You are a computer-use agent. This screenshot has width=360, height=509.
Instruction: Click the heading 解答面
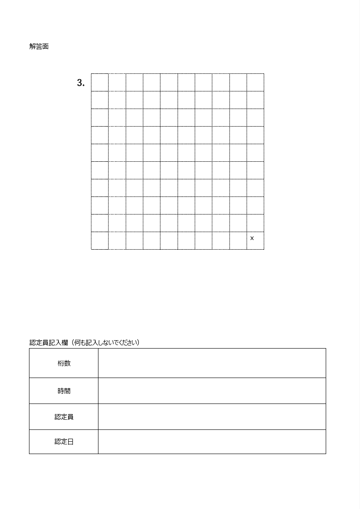tap(39, 47)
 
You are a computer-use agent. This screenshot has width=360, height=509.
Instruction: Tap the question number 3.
tap(80, 83)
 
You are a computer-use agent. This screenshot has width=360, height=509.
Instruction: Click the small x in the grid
tap(252, 238)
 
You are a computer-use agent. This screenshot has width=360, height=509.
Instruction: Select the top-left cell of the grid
tap(100, 82)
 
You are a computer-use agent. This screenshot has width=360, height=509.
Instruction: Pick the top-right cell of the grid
tap(255, 82)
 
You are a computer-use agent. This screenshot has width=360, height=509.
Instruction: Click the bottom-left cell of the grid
tap(100, 240)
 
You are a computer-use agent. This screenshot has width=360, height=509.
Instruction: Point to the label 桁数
tap(64, 364)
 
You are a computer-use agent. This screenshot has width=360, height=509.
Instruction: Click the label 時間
tap(64, 391)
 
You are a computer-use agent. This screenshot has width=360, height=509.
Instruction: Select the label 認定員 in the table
tap(64, 417)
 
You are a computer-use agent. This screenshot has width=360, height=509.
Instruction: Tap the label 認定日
tap(64, 442)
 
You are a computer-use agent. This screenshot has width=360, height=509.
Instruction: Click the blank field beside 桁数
tap(212, 363)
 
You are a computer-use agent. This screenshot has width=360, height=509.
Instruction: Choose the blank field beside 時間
tap(212, 391)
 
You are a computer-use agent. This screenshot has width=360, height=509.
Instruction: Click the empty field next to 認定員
tap(212, 417)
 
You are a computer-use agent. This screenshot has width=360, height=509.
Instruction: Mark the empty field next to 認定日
tap(212, 442)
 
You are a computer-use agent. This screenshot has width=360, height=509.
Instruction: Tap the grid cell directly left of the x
tap(238, 240)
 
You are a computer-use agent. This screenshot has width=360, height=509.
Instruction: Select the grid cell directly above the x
tap(255, 223)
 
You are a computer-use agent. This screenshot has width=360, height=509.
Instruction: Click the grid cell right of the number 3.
tap(100, 82)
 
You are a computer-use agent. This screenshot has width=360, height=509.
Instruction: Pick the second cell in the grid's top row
tap(117, 82)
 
